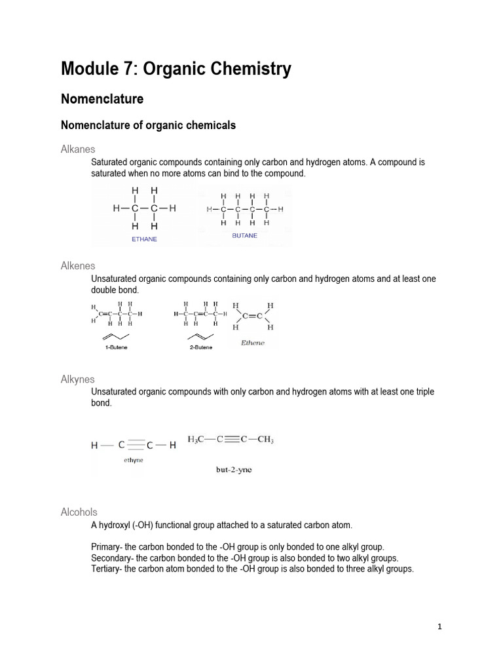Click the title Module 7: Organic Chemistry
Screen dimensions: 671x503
[x=176, y=69]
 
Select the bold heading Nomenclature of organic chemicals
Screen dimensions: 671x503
[x=148, y=125]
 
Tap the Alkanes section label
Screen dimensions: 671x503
[x=77, y=150]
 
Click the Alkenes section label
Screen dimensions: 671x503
[x=78, y=266]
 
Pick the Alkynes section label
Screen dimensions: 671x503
[x=77, y=379]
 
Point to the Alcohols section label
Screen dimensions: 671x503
[x=79, y=512]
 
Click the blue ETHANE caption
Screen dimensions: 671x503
[x=145, y=239]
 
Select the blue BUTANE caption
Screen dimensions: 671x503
[x=244, y=235]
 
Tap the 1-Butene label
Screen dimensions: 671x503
[x=116, y=347]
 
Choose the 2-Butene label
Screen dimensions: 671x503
[x=200, y=347]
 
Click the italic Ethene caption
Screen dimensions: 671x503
[x=252, y=343]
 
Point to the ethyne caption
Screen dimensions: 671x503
[x=134, y=460]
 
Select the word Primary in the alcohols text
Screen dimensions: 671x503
[x=107, y=546]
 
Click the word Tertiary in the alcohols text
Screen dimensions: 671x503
[x=107, y=569]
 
